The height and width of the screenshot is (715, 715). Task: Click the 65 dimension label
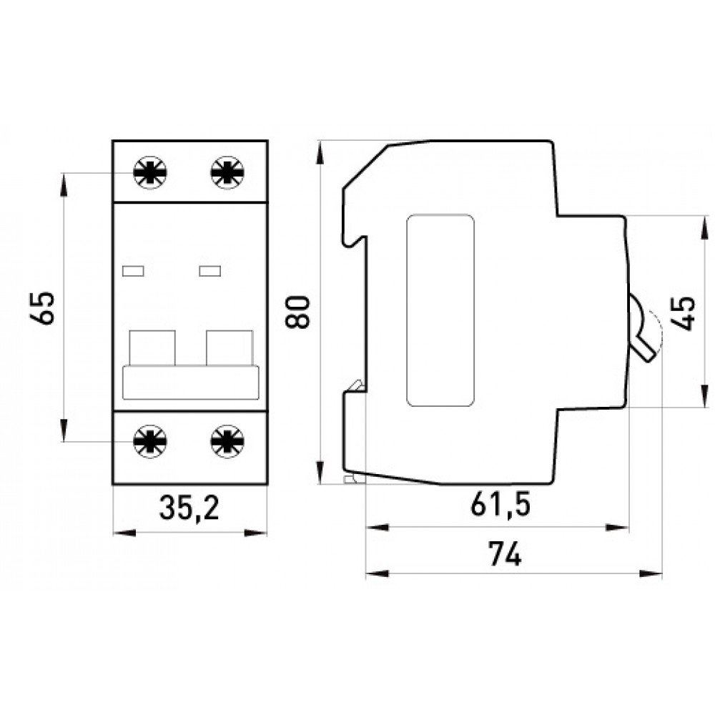point(45,308)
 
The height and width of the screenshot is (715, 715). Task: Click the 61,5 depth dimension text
point(500,505)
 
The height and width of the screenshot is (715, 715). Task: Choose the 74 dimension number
point(505,554)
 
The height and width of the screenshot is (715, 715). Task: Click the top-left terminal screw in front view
point(151,172)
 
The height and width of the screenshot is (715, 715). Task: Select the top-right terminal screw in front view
point(227,172)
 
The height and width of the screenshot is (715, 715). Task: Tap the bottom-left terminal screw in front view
point(151,440)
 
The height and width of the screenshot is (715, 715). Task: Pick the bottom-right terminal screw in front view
point(227,440)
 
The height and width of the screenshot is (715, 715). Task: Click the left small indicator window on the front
point(134,270)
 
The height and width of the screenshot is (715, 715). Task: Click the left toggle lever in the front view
point(152,347)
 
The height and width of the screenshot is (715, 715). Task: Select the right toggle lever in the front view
point(230,347)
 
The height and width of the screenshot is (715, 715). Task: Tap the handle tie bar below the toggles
point(191,383)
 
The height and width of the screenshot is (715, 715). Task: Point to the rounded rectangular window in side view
point(440,311)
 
